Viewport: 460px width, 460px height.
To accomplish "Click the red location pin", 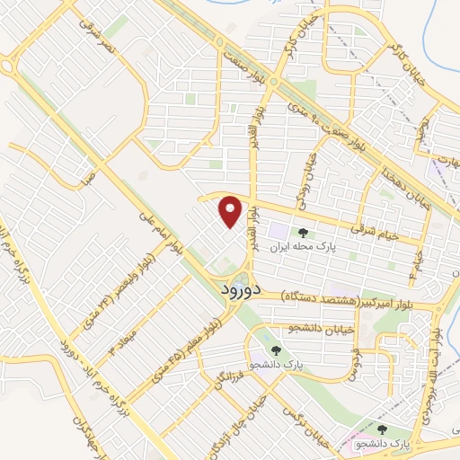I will [232, 211].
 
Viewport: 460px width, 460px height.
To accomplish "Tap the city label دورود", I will [240, 290].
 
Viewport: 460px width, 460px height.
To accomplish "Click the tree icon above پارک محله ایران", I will [302, 208].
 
